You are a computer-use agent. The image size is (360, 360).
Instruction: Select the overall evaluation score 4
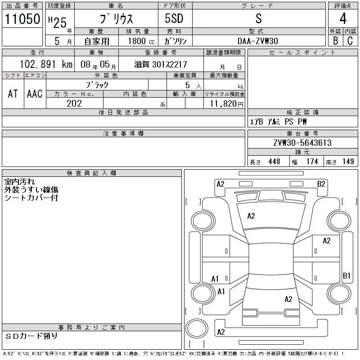point(343,19)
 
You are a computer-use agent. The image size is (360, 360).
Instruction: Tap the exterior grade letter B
point(335,40)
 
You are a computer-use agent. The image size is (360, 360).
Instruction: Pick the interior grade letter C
point(350,40)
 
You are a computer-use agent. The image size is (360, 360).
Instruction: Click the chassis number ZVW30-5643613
point(302,143)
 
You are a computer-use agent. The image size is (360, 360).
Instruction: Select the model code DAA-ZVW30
point(258,40)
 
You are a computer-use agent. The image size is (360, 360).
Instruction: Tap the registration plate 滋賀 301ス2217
point(161,64)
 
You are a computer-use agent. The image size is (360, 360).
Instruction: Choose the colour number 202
point(74,103)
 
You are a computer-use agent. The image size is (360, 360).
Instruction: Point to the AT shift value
point(13,94)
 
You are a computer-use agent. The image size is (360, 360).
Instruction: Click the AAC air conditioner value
point(35,94)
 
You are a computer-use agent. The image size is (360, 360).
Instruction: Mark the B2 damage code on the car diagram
point(321,184)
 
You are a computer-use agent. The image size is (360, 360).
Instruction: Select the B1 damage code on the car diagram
point(346,275)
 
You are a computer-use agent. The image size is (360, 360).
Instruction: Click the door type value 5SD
point(174,19)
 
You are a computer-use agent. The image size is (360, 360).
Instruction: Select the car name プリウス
point(115,19)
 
